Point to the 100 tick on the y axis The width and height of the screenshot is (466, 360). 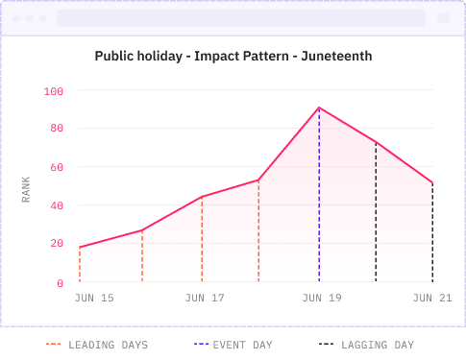pyautogui.click(x=54, y=91)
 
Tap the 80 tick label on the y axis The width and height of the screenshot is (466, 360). pyautogui.click(x=57, y=129)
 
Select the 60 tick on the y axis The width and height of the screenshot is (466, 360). pyautogui.click(x=57, y=167)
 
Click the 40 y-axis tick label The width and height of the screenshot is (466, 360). pyautogui.click(x=57, y=205)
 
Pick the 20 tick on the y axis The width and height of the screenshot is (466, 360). pyautogui.click(x=57, y=244)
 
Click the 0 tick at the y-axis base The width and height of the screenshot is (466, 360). pyautogui.click(x=60, y=282)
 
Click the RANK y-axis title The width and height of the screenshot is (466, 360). pyautogui.click(x=27, y=186)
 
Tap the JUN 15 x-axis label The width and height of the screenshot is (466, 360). pyautogui.click(x=94, y=299)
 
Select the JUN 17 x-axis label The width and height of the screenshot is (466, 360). pyautogui.click(x=205, y=299)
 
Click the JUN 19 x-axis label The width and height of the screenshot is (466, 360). pyautogui.click(x=322, y=299)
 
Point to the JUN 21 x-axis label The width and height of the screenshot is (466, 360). pyautogui.click(x=431, y=299)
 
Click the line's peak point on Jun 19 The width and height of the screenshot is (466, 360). pyautogui.click(x=319, y=108)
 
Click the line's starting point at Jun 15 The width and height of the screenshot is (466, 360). pyautogui.click(x=80, y=248)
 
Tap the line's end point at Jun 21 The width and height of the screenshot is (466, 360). pyautogui.click(x=433, y=183)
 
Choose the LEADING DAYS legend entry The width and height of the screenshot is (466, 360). pyautogui.click(x=96, y=344)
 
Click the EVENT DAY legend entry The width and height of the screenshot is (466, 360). pyautogui.click(x=233, y=344)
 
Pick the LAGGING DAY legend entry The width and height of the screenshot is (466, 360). pyautogui.click(x=366, y=344)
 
